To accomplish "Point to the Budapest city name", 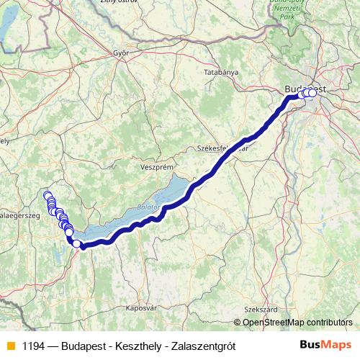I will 302,89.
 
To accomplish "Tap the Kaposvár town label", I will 141,307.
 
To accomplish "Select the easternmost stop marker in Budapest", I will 312,92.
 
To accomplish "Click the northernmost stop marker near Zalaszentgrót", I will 48,195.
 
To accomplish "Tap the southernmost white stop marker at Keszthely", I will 76,243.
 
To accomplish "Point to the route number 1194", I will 33,346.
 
